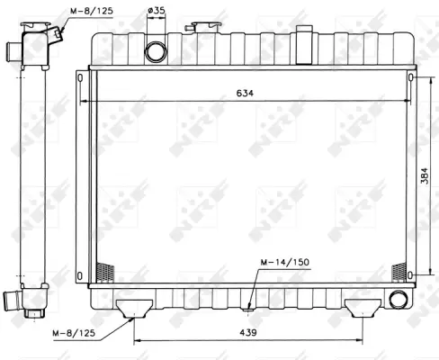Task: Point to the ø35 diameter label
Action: coord(157,12)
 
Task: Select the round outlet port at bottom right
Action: coord(398,300)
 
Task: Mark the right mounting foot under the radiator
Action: coord(363,307)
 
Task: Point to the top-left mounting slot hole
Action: coord(81,78)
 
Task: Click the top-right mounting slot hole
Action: coord(411,78)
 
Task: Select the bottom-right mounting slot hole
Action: coord(411,273)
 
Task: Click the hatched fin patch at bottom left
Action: coord(105,271)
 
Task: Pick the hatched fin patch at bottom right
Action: coord(399,270)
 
